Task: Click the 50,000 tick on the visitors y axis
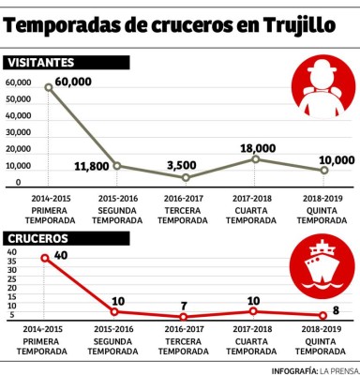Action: pyautogui.click(x=19, y=115)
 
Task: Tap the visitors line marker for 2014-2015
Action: pyautogui.click(x=50, y=88)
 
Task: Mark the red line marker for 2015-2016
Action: pyautogui.click(x=116, y=311)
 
